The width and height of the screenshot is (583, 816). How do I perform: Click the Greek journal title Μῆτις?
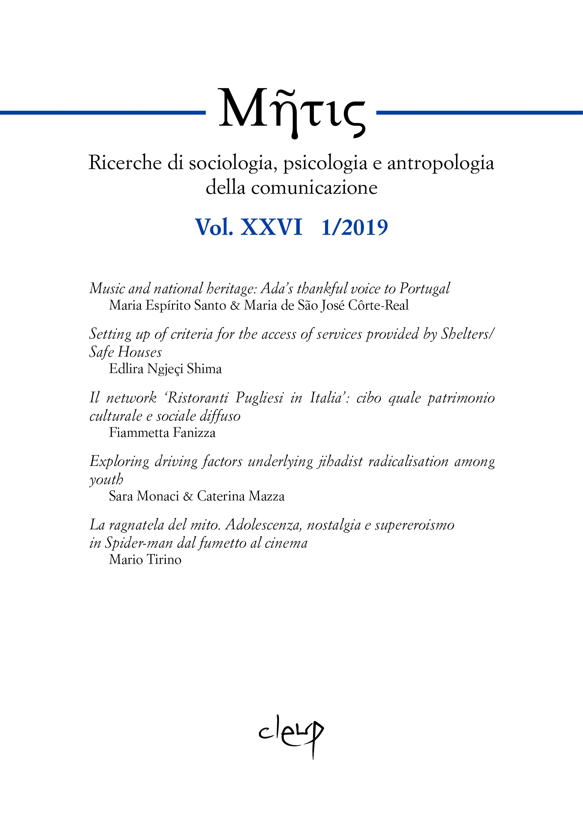tap(291, 111)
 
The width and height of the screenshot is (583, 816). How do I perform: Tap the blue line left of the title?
tap(102, 113)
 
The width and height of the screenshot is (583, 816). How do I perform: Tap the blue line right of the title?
tap(479, 113)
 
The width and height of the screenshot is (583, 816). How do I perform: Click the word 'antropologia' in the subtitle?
tap(440, 163)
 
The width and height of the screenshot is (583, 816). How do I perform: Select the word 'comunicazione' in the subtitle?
tap(314, 188)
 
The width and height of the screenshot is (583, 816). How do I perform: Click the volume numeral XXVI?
tap(271, 227)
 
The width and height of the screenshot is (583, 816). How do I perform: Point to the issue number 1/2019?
tap(354, 227)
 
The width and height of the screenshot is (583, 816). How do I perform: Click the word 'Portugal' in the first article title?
tap(424, 289)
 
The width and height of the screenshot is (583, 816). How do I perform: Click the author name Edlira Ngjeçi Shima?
tap(165, 369)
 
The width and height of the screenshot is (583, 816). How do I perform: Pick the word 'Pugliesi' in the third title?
tap(259, 398)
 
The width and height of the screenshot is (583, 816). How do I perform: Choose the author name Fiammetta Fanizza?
tap(162, 433)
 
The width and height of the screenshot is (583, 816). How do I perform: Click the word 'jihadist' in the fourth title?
tap(340, 461)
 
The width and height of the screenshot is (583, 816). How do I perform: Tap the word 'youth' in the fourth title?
tap(106, 480)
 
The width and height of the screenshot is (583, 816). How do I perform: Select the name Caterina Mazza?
tap(241, 496)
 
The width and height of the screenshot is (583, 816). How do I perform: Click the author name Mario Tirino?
tap(145, 560)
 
